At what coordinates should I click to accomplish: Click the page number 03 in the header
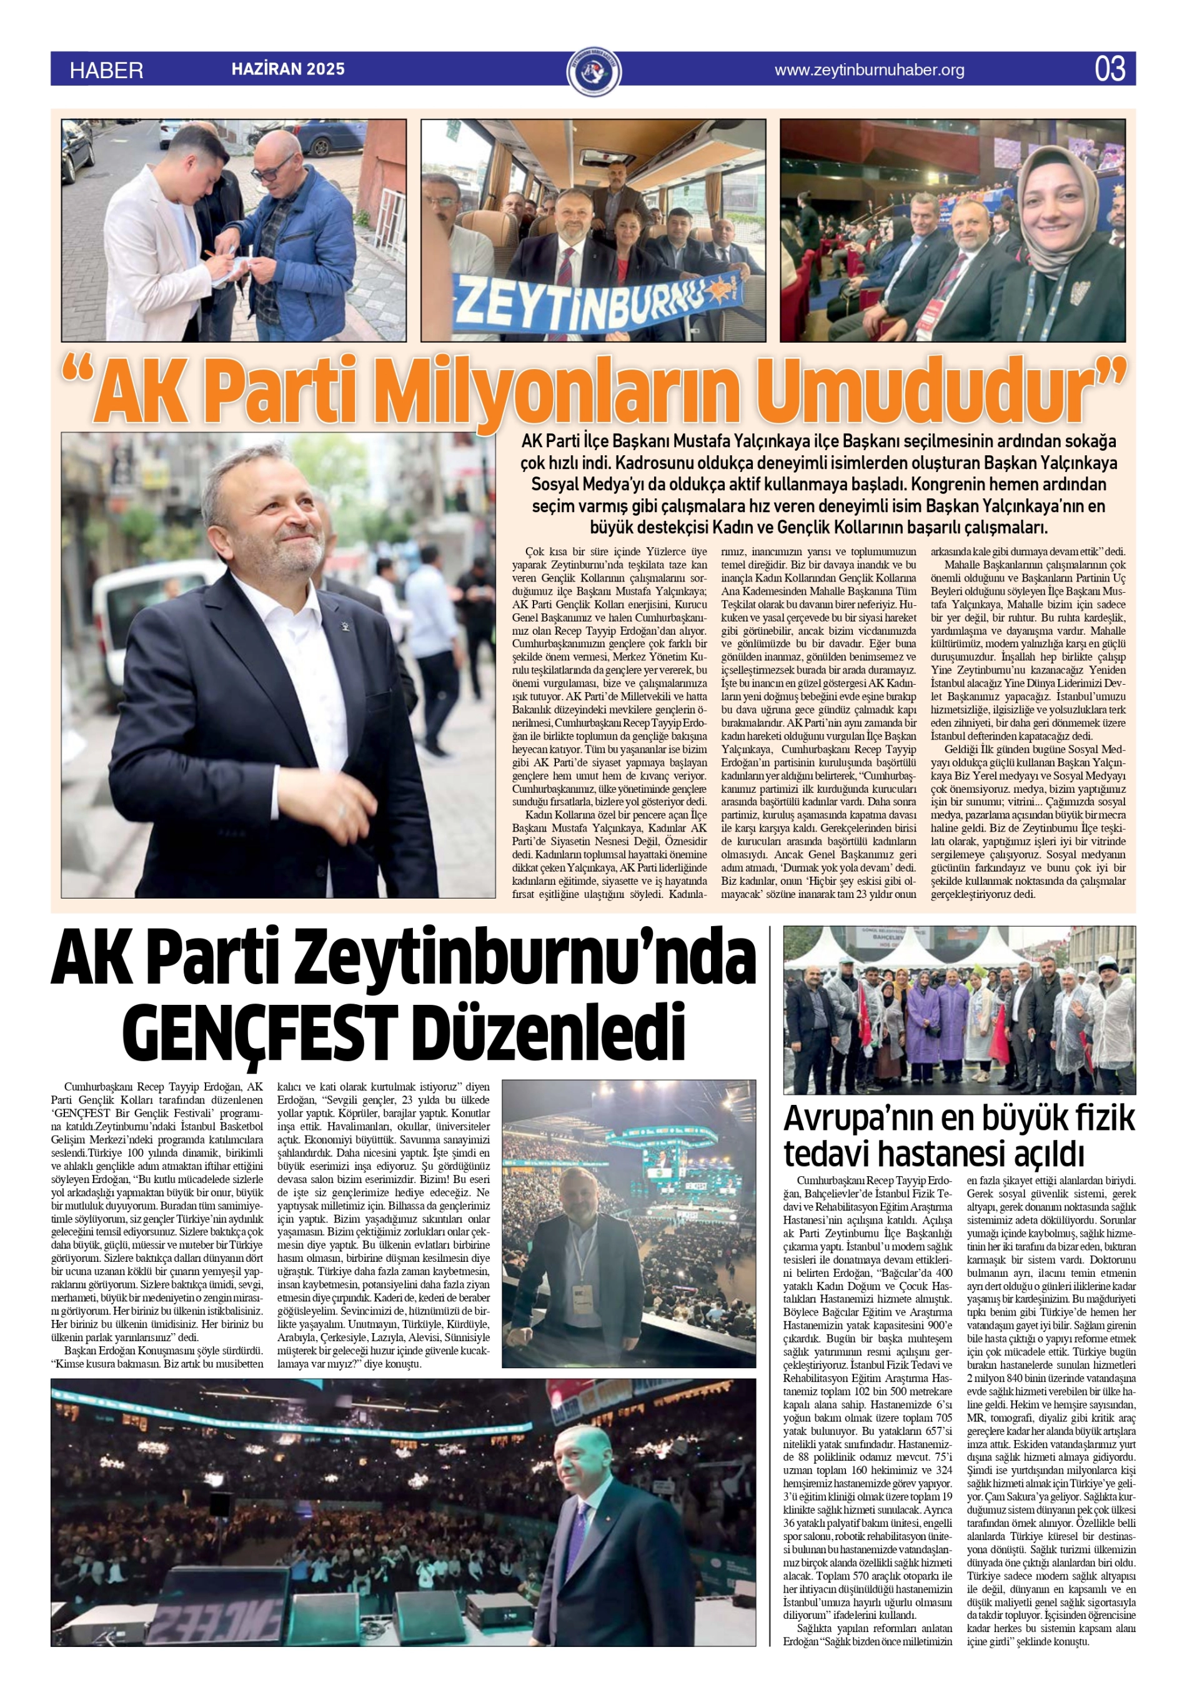click(1110, 69)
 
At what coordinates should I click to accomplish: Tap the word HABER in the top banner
click(106, 70)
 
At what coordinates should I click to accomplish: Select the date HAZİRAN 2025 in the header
click(288, 69)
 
